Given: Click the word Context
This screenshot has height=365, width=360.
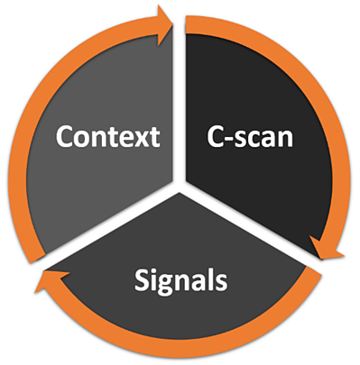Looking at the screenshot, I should (107, 137).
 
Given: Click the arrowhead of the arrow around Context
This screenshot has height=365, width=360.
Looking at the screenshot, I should (164, 16).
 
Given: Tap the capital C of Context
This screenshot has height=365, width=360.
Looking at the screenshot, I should (65, 137).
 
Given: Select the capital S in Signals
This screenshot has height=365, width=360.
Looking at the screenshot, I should (143, 280).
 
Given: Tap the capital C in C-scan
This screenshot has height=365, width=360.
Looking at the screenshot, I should (210, 137).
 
